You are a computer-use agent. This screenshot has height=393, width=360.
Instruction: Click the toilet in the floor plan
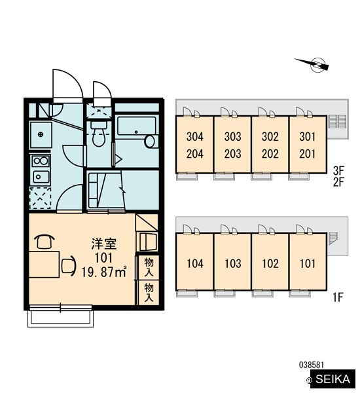pos(98,134)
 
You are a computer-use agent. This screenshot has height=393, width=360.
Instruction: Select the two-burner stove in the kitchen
pos(41,160)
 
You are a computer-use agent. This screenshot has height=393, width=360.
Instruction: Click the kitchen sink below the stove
pos(41,177)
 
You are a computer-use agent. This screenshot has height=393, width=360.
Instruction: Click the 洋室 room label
pos(104,244)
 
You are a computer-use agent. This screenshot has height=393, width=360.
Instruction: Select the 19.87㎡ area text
pos(104,272)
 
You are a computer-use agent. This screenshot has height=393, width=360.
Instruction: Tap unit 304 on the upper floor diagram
pos(194,137)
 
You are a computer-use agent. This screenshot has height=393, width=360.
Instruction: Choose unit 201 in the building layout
pos(308,154)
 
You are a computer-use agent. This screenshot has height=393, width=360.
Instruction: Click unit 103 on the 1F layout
pos(233,263)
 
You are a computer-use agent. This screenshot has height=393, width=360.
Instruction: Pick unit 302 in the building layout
pos(270,137)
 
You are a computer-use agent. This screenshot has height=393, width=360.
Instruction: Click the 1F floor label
pos(338,297)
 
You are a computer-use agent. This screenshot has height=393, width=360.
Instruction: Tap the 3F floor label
pos(338,171)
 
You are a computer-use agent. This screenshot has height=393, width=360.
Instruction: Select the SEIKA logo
pos(333,379)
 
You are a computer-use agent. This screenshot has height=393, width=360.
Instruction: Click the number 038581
pos(312,365)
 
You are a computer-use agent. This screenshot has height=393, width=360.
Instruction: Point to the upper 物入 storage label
pos(149,267)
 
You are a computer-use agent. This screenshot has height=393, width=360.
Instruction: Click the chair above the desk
pos(44,241)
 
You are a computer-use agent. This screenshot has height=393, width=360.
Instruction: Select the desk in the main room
pos(44,265)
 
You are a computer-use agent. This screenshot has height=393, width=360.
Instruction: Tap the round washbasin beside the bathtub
pos(150,141)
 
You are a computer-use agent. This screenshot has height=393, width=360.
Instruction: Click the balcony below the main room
pos(60,316)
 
